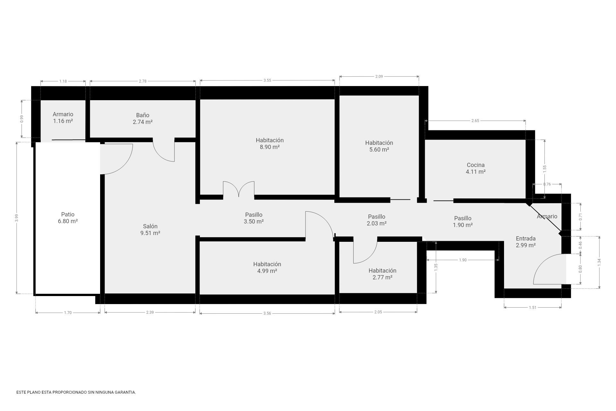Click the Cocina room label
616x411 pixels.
click(475, 165)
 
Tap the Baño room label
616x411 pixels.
click(142, 115)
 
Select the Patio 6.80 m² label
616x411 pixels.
click(68, 218)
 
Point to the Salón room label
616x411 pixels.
click(150, 226)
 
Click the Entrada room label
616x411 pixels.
click(526, 239)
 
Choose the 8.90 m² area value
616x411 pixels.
click(269, 147)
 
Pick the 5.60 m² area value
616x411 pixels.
click(379, 150)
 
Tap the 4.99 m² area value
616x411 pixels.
click(267, 271)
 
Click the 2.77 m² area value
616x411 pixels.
click(382, 277)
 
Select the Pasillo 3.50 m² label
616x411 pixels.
click(253, 218)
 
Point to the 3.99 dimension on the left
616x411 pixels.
click(17, 218)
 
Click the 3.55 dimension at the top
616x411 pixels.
click(267, 80)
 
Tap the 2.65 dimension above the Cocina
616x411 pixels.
click(475, 121)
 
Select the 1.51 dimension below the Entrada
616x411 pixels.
click(533, 308)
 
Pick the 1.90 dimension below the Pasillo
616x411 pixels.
click(463, 260)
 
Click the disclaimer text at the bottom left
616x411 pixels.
click(76, 392)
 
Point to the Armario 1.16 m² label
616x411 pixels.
click(63, 118)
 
